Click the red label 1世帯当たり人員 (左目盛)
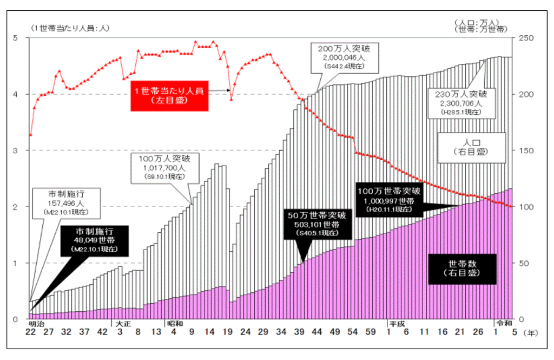coord(169,96)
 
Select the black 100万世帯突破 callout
coord(388,200)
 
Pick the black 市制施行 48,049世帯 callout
coord(95,241)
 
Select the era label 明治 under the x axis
coord(36,324)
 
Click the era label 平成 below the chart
coord(397,324)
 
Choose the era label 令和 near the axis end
coord(503,324)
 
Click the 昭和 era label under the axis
coord(174,324)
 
